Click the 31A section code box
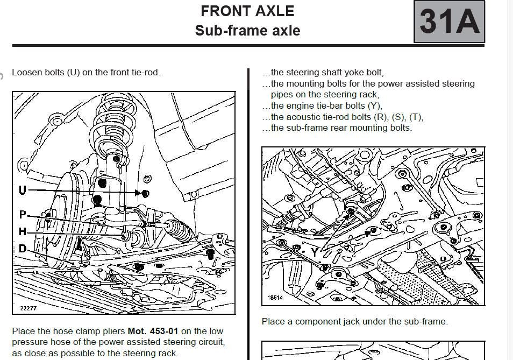[x=449, y=22]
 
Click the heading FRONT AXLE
[x=247, y=11]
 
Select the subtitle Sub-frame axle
[x=247, y=30]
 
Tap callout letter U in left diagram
[x=23, y=190]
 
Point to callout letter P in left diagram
[x=23, y=215]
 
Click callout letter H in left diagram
[x=23, y=232]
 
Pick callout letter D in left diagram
[x=23, y=249]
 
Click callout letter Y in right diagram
[x=314, y=251]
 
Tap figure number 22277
[x=27, y=308]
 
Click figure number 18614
[x=275, y=298]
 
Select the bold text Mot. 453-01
[x=153, y=331]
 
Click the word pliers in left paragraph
[x=112, y=331]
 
